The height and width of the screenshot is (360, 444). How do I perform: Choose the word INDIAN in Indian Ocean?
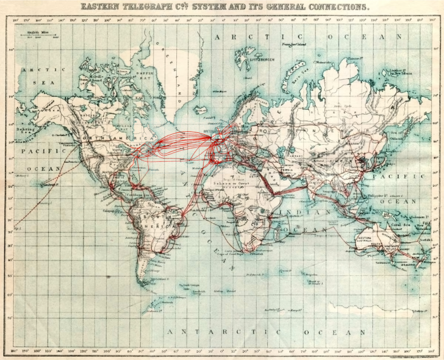[x=296, y=211]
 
